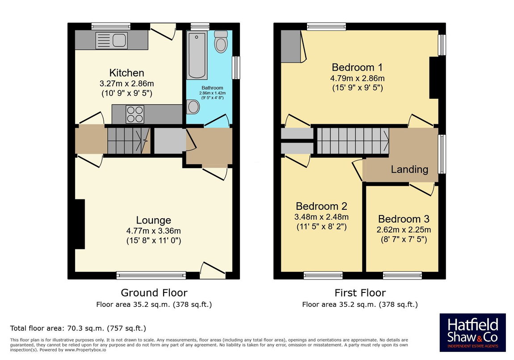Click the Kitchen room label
[126, 73]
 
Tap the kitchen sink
[111, 41]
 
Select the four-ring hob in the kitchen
[135, 114]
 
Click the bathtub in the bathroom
[197, 55]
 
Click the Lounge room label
[153, 220]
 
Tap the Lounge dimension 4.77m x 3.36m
[153, 231]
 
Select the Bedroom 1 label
[357, 67]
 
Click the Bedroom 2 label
[321, 206]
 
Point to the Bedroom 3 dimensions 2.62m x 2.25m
[404, 230]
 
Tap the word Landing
[409, 169]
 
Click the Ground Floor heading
[154, 292]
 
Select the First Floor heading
[360, 292]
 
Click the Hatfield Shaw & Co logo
[473, 332]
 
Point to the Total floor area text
[78, 328]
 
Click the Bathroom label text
[212, 88]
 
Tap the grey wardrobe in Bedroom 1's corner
[291, 46]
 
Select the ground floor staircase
[129, 141]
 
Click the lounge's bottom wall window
[151, 275]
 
